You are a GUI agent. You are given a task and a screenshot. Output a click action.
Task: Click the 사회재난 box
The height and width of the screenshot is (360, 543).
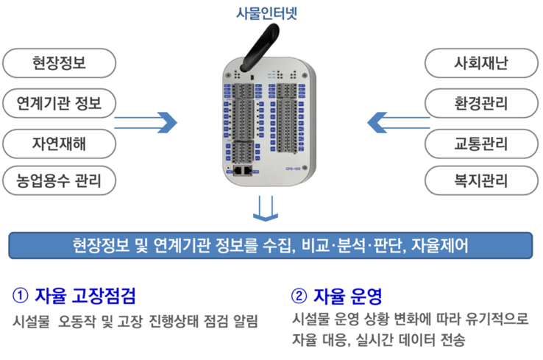[x=481, y=63]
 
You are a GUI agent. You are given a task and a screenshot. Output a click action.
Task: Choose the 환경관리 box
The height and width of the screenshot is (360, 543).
[x=481, y=102]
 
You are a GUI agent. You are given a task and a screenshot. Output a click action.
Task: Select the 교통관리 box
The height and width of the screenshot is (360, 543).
[x=481, y=142]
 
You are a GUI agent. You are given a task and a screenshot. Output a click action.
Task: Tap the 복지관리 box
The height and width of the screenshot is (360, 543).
[x=481, y=180]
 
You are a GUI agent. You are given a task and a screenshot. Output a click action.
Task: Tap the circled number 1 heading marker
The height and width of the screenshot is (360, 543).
[x=21, y=295]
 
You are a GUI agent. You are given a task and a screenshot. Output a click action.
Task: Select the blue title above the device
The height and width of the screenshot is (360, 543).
[x=266, y=13]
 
